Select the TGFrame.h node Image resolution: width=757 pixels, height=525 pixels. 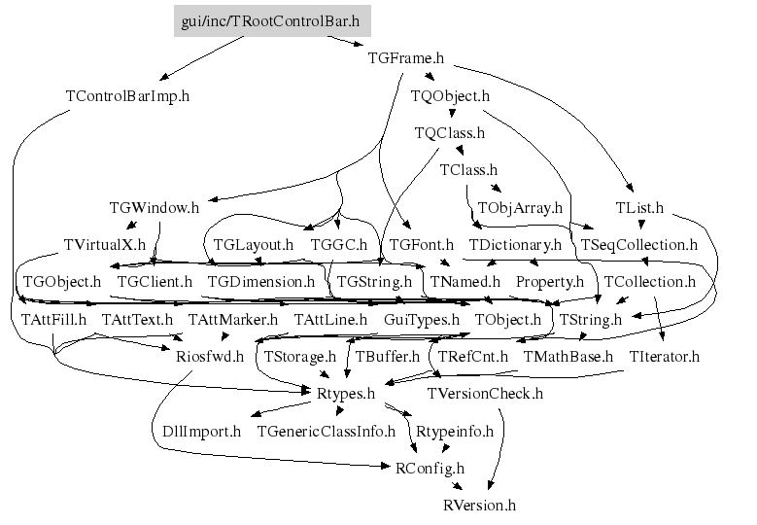tap(406, 58)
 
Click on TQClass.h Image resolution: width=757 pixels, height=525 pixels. tap(449, 132)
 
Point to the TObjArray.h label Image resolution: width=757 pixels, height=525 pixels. tap(520, 207)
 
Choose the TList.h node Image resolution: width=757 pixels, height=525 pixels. tap(639, 207)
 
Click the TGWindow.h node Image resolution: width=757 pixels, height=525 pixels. tap(155, 207)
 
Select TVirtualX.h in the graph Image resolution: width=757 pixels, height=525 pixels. tap(104, 244)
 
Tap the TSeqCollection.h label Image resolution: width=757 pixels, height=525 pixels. tap(638, 244)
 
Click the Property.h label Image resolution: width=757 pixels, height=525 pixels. tap(549, 282)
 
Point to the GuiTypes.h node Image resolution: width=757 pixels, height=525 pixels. tap(421, 319)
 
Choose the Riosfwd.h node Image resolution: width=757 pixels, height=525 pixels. tap(202, 356)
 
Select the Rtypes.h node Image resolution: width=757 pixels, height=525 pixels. tap(346, 393)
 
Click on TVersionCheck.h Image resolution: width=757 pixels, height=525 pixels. tap(486, 393)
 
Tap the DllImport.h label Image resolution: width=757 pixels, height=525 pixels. tap(201, 431)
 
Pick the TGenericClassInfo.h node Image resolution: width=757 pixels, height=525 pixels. tap(326, 431)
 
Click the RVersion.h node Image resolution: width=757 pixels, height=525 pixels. tap(479, 505)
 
